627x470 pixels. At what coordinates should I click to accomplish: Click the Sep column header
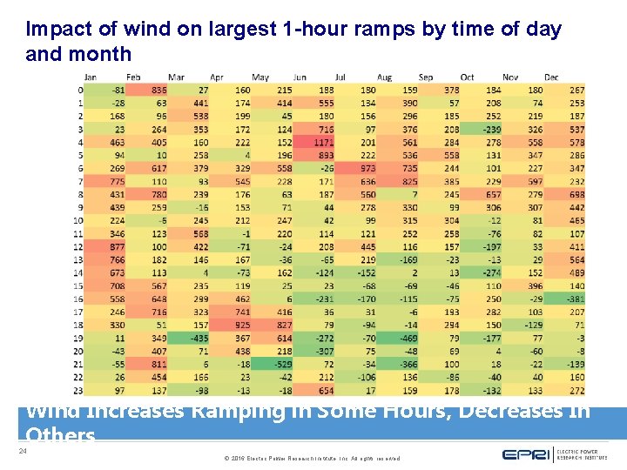pos(426,77)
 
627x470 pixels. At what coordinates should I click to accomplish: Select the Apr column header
pos(217,77)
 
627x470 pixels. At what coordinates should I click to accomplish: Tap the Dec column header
pos(551,77)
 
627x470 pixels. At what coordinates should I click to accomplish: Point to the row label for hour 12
pos(79,246)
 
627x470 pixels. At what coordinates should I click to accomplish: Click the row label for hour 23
pos(79,389)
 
